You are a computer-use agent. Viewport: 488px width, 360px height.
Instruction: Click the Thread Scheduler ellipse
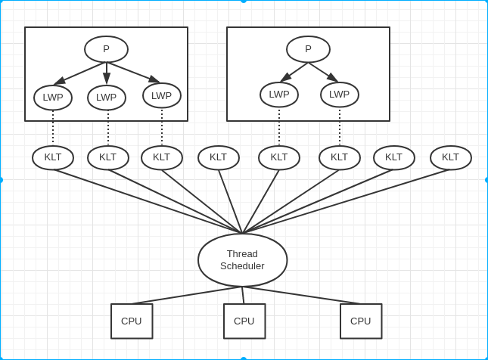click(x=242, y=260)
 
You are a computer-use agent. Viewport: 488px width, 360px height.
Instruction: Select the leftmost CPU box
click(x=132, y=321)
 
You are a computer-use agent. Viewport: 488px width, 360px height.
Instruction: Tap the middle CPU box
click(x=244, y=321)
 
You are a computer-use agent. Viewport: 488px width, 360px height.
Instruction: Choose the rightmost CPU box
click(x=361, y=321)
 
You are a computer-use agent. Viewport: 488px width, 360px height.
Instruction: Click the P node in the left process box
click(x=106, y=49)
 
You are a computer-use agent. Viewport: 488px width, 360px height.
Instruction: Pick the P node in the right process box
click(x=308, y=49)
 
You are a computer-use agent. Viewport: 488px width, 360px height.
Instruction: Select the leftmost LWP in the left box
click(x=53, y=98)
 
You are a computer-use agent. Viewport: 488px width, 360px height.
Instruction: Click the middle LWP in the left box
click(x=107, y=98)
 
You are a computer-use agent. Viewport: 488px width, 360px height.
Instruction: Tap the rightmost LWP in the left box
click(x=162, y=95)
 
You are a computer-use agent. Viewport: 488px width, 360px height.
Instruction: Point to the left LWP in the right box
click(x=279, y=95)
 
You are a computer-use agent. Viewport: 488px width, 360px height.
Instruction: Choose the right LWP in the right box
click(x=340, y=95)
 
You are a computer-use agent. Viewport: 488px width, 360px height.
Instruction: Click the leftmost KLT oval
click(x=53, y=157)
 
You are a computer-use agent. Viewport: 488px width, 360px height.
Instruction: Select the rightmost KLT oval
click(x=451, y=157)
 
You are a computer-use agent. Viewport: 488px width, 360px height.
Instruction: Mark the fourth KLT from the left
click(x=219, y=157)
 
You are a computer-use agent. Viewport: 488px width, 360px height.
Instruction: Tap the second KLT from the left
click(x=108, y=157)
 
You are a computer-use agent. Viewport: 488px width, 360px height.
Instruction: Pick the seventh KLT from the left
click(x=394, y=157)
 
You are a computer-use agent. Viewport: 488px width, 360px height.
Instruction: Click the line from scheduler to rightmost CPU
click(x=303, y=296)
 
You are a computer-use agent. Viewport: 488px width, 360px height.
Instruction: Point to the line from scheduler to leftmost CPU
click(x=188, y=295)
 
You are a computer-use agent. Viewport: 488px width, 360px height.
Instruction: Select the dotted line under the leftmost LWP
click(x=53, y=129)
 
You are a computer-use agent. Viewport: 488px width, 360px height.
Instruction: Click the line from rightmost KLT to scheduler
click(x=347, y=201)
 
